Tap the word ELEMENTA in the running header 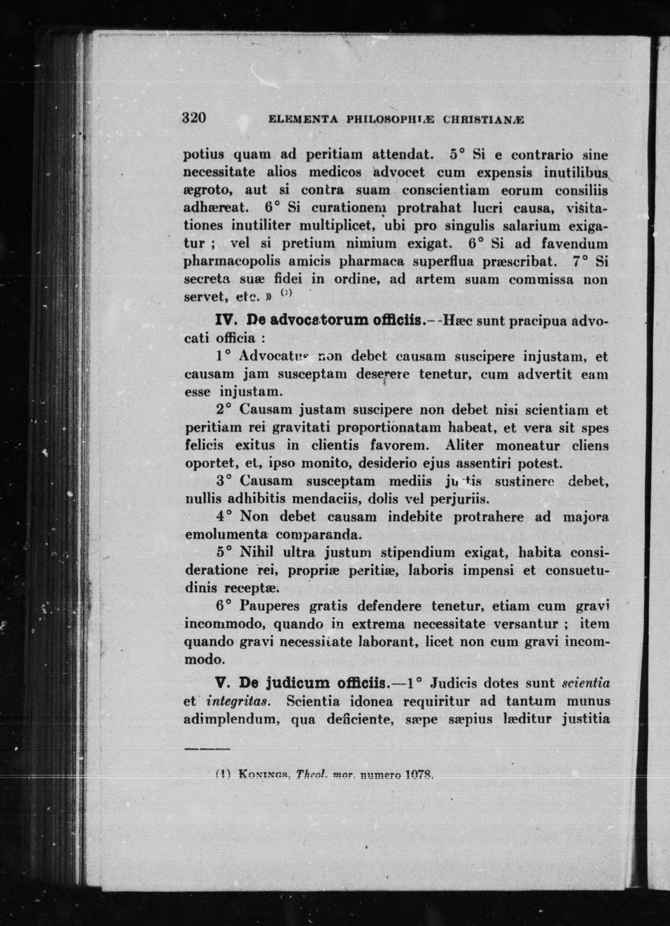point(303,120)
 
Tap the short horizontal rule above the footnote point(207,749)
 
